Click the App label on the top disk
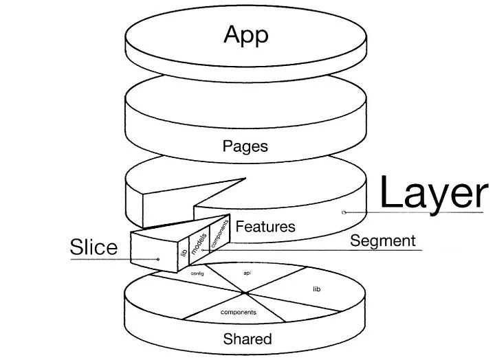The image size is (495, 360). [246, 35]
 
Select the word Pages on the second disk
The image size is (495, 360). [245, 147]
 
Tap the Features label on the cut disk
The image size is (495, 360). [265, 227]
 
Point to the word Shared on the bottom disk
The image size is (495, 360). [247, 339]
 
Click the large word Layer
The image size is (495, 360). [434, 193]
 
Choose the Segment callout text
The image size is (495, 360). [383, 241]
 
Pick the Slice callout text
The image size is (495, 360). [93, 247]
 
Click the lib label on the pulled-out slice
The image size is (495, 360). [184, 252]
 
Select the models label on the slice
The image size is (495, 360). [199, 243]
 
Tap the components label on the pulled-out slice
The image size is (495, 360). [219, 234]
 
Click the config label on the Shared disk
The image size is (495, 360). [197, 273]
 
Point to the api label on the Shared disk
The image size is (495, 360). [247, 273]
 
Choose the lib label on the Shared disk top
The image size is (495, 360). [317, 289]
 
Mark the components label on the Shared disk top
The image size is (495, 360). [239, 313]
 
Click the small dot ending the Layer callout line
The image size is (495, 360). [344, 212]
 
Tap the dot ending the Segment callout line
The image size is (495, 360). [202, 250]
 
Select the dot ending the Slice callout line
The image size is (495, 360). [158, 260]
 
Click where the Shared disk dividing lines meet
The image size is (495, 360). [245, 293]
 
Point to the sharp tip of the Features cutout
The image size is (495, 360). [245, 178]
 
